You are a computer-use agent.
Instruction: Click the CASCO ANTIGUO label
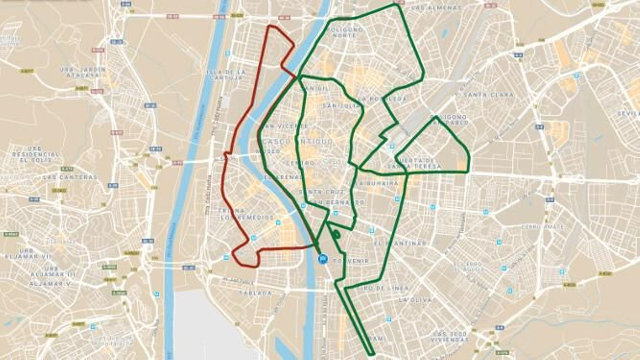[298, 142]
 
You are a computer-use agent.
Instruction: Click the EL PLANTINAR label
[400, 243]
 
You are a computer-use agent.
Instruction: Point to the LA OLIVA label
[415, 300]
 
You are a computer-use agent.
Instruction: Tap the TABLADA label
[255, 293]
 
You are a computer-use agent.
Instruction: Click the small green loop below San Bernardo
[336, 234]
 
